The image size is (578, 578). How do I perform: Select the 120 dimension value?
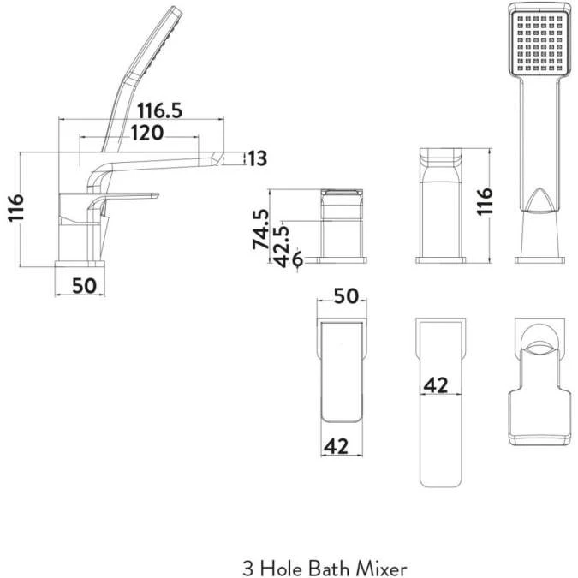(x=147, y=133)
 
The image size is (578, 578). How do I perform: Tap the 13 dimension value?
(x=257, y=158)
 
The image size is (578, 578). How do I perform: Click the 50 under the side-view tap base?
(x=84, y=285)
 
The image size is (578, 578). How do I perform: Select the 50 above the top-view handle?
(x=344, y=296)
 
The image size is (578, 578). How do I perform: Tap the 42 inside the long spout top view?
(x=437, y=386)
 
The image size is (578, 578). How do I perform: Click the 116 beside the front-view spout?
(x=485, y=204)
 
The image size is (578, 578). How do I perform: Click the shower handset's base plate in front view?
(x=539, y=255)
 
